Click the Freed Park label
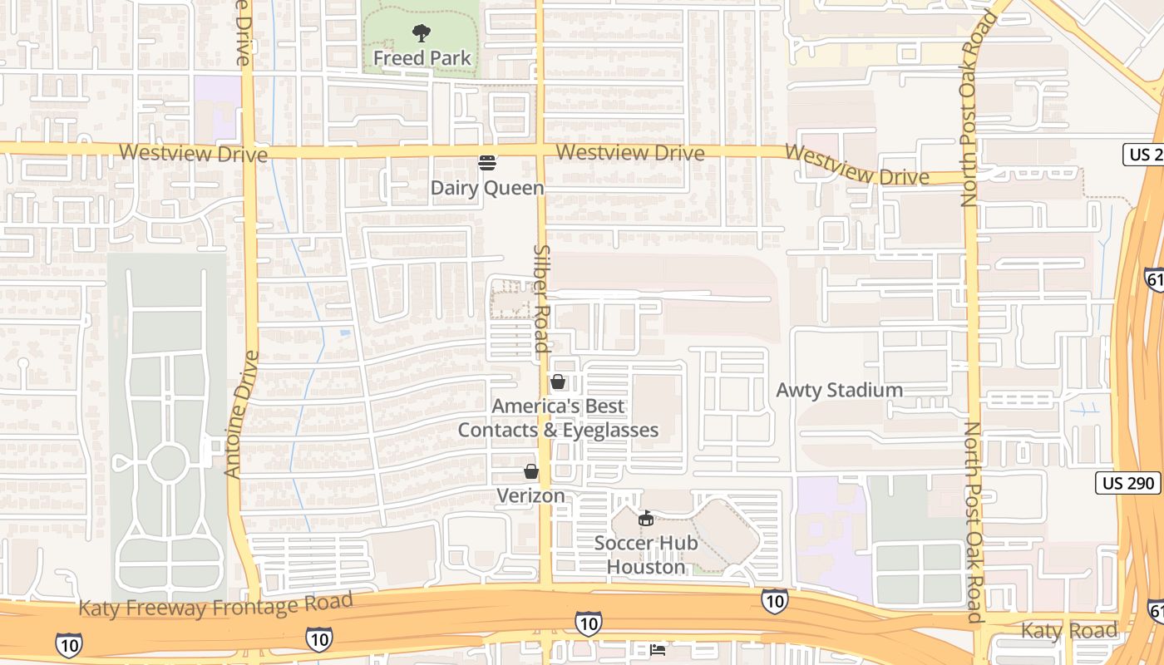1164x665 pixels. tap(422, 58)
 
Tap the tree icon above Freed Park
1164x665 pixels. tap(422, 33)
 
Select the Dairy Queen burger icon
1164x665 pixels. tap(487, 163)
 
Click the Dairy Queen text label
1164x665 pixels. tap(487, 188)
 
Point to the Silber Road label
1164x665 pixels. tap(542, 299)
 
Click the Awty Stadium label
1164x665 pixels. tap(840, 390)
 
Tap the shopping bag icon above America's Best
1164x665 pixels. tap(558, 382)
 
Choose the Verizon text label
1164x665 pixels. tap(530, 495)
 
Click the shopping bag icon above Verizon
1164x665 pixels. tap(530, 471)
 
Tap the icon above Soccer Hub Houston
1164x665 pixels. tap(645, 519)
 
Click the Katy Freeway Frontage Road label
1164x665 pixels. tap(216, 605)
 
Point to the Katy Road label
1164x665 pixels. tap(1069, 630)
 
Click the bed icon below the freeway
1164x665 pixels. tap(657, 649)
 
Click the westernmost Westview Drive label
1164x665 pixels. tap(193, 154)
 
